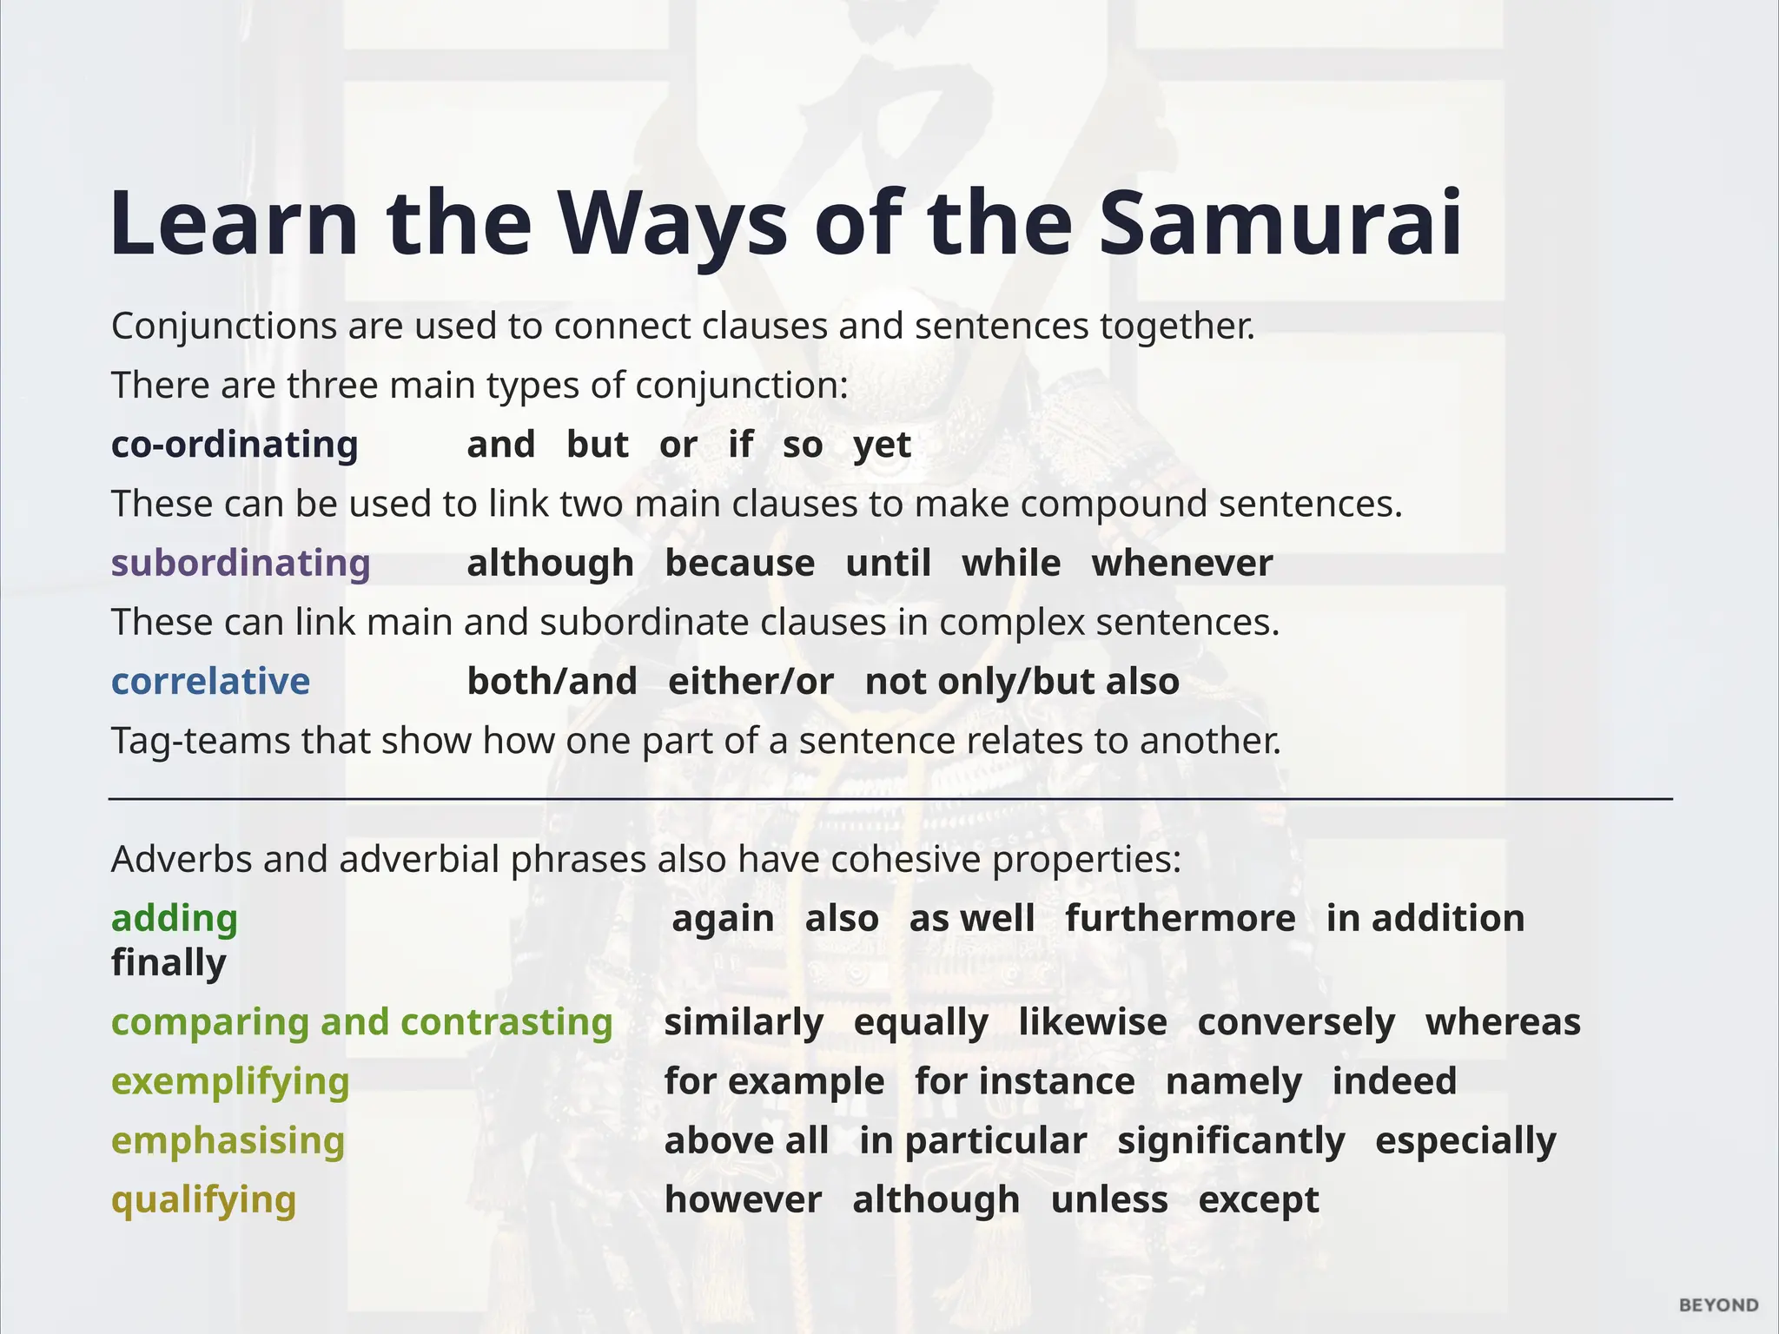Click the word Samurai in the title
pos(1280,224)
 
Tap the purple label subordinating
pos(241,563)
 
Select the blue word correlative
pos(210,681)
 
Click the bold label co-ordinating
pos(235,445)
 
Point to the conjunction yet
pos(882,446)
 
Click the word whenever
pos(1182,563)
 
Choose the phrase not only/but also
pos(1022,681)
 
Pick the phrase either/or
pos(751,681)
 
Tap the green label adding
pos(175,918)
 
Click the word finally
pos(169,963)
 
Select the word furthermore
pos(1180,918)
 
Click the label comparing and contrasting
pos(362,1022)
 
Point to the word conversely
pos(1295,1022)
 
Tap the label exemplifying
pos(230,1081)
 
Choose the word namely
pos(1233,1082)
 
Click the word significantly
pos(1230,1141)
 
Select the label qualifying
pos(203,1200)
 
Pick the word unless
pos(1108,1200)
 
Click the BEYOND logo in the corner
pos(1718,1305)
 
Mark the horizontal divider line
pos(889,798)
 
